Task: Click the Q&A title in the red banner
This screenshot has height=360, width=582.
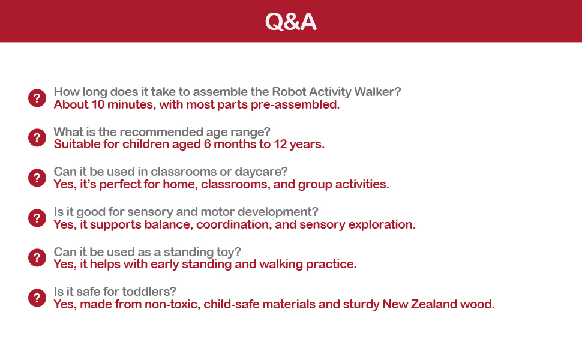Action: (290, 22)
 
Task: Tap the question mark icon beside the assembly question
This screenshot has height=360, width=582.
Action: (37, 98)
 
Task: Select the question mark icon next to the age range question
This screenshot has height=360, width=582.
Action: (37, 137)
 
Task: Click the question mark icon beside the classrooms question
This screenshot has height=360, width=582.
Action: (37, 178)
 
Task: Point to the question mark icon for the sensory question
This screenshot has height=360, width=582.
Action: (37, 218)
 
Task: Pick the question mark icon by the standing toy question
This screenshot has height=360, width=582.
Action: (37, 257)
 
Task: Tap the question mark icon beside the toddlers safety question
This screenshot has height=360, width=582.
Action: (37, 298)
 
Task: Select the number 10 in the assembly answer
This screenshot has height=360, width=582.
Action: (98, 104)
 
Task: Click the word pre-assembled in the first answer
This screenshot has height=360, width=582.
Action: (295, 105)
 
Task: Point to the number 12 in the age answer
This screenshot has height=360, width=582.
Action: (280, 145)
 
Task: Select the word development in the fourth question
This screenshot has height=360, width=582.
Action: (278, 212)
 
